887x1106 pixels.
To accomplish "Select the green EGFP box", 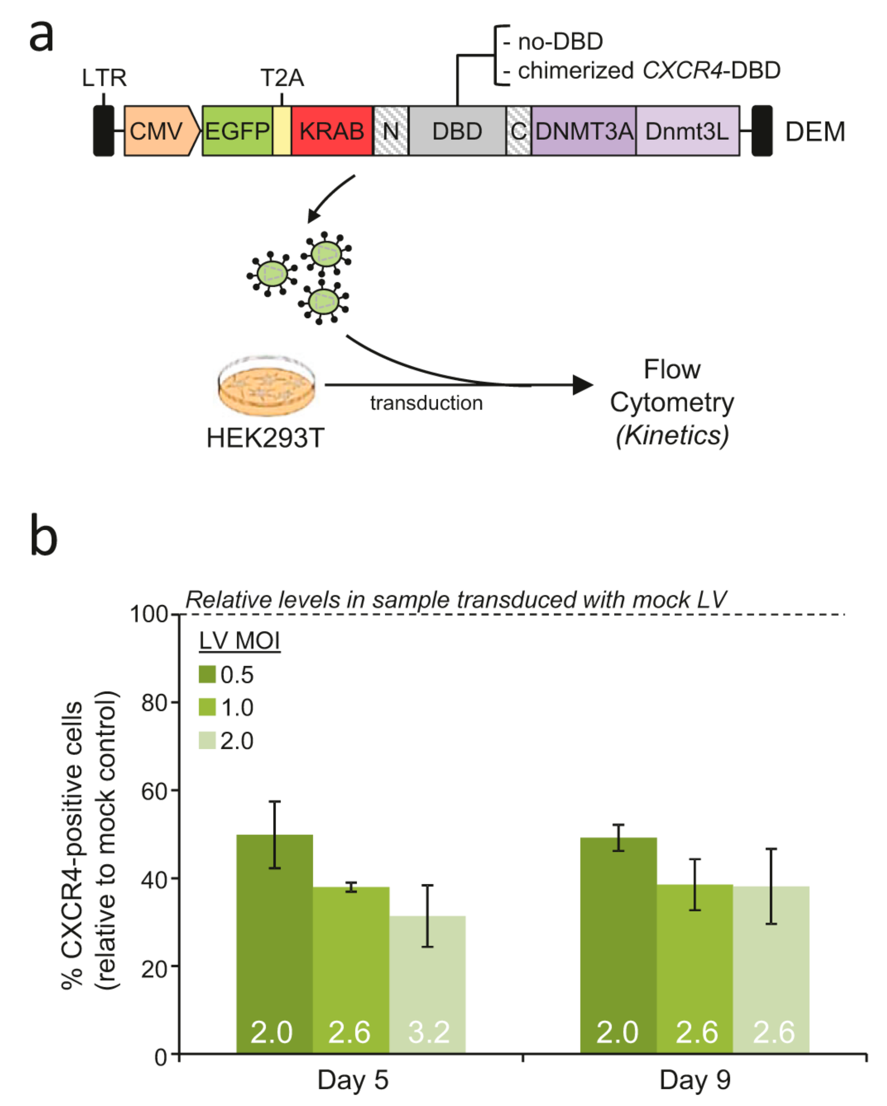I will pyautogui.click(x=237, y=131).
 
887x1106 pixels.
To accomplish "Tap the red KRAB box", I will pyautogui.click(x=331, y=131).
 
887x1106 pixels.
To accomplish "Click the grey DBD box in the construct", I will pyautogui.click(x=457, y=131).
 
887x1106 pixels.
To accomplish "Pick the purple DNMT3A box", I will pyautogui.click(x=583, y=131).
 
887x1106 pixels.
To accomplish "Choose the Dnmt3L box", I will pyautogui.click(x=688, y=131).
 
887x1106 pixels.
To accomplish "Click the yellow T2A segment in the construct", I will pyautogui.click(x=282, y=131).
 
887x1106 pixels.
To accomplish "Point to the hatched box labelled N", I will pyautogui.click(x=390, y=131).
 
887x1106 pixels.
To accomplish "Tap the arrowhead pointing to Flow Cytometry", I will pyautogui.click(x=583, y=385).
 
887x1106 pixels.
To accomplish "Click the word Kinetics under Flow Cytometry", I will pyautogui.click(x=672, y=436).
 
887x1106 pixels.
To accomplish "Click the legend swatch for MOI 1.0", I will pyautogui.click(x=207, y=707).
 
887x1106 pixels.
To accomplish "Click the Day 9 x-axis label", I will pyautogui.click(x=695, y=1080).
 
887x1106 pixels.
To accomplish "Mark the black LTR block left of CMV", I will pyautogui.click(x=103, y=131).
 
